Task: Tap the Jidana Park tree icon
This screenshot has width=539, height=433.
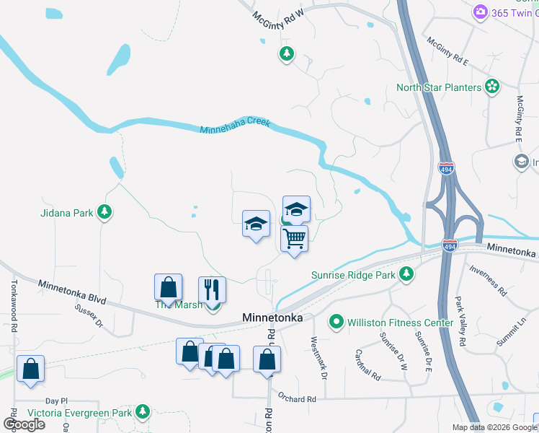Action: pyautogui.click(x=106, y=211)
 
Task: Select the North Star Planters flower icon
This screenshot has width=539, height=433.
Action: pyautogui.click(x=492, y=87)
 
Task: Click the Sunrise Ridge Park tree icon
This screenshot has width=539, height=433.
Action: pyautogui.click(x=407, y=274)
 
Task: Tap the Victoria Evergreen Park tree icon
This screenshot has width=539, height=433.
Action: pyautogui.click(x=143, y=411)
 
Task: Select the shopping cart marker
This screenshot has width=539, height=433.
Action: pyautogui.click(x=294, y=238)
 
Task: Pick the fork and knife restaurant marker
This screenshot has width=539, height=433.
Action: pyautogui.click(x=213, y=289)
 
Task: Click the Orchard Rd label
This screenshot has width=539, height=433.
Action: pyautogui.click(x=296, y=399)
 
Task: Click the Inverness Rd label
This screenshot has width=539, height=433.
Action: pyautogui.click(x=488, y=279)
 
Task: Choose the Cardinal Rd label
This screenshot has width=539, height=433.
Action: pyautogui.click(x=367, y=365)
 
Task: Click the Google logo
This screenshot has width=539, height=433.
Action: pyautogui.click(x=24, y=424)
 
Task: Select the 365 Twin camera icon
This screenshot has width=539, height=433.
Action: pyautogui.click(x=479, y=12)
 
